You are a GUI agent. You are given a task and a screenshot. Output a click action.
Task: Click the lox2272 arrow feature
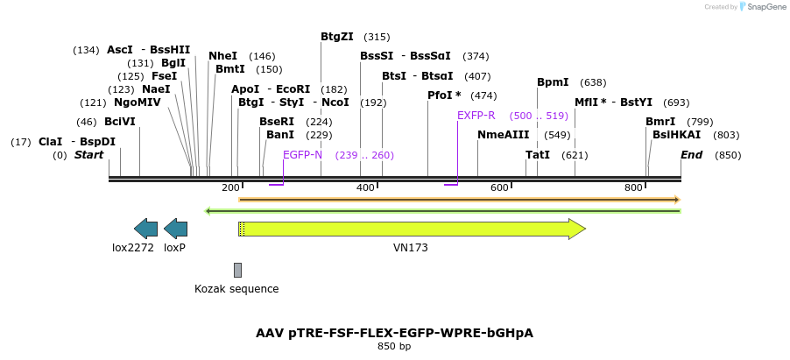point(145,229)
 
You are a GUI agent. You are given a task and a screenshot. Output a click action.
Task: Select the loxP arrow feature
point(175,229)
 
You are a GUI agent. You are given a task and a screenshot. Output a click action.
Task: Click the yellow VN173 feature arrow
point(412,229)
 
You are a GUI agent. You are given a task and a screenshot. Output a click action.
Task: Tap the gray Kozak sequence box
point(237,270)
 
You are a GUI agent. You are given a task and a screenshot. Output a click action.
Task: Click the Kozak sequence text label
point(236,289)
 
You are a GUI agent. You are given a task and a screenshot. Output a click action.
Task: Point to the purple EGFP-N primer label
point(302,155)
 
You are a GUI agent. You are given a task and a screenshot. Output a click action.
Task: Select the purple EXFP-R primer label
point(476,116)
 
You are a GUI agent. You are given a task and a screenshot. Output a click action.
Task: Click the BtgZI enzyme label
point(337,37)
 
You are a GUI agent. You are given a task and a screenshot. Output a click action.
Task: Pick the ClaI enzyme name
point(50,142)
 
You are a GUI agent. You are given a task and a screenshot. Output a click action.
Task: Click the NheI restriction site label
point(222,56)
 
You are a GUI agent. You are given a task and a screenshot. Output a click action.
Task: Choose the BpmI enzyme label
point(553,82)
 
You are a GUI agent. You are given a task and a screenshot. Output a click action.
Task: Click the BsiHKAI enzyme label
point(676,135)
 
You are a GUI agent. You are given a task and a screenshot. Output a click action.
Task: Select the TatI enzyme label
point(538,155)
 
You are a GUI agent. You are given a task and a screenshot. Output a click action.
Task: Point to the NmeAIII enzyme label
point(504,135)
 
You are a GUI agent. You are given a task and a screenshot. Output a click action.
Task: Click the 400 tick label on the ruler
point(365,188)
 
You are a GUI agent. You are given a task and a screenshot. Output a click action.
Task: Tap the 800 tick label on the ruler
point(633,188)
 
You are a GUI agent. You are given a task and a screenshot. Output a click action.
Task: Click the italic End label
point(692,155)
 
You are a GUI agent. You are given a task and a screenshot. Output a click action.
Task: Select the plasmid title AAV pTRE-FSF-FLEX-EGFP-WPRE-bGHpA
point(394,333)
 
